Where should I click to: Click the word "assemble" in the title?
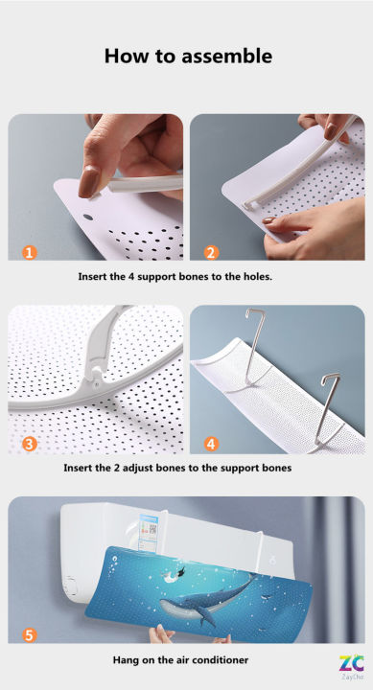(x=224, y=57)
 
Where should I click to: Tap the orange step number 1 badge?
(x=30, y=252)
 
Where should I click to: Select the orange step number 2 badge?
(x=211, y=252)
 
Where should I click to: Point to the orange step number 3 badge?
(x=30, y=444)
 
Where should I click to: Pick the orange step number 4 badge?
(x=211, y=444)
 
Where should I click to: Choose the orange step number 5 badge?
(x=30, y=635)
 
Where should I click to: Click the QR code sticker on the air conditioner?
(x=152, y=528)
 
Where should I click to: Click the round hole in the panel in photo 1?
(x=88, y=218)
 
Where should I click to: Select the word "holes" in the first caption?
(x=257, y=277)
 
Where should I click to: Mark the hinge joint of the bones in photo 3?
(x=98, y=375)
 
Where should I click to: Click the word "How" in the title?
(x=123, y=57)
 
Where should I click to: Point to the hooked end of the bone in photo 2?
(x=250, y=204)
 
